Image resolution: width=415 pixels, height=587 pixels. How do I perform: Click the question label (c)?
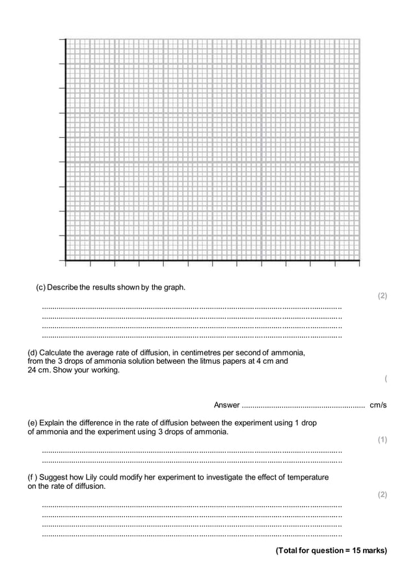[x=40, y=288]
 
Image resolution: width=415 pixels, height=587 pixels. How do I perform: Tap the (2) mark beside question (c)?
[x=382, y=296]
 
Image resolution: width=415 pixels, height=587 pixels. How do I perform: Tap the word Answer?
[x=226, y=405]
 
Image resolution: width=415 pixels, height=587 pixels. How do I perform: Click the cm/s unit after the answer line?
[x=378, y=405]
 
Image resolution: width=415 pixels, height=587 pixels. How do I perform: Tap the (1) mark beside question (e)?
[x=382, y=440]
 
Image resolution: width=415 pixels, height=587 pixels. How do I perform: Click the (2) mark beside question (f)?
[x=382, y=495]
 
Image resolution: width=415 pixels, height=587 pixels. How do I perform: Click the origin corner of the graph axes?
[x=66, y=260]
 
